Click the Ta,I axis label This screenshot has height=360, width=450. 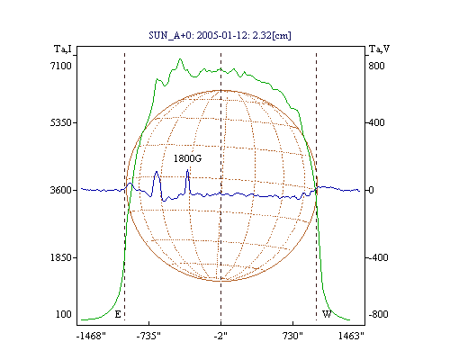tap(63, 49)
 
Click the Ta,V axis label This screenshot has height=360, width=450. tap(379, 49)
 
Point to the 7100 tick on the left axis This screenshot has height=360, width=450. tap(61, 66)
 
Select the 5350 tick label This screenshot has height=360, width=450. tap(61, 122)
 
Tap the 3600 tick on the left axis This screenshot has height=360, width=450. tap(61, 190)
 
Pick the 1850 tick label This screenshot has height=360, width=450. tap(61, 257)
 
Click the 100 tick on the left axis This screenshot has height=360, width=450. tap(64, 314)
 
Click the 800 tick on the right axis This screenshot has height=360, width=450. tap(376, 66)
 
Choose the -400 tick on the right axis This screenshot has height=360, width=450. tap(378, 257)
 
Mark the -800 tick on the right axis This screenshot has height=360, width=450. tap(378, 314)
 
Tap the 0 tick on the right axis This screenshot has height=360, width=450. tap(371, 190)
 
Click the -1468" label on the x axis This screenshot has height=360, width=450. tap(91, 336)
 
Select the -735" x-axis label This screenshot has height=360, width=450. tap(148, 336)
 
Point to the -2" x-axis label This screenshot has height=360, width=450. tap(220, 336)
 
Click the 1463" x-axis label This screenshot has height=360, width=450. tap(351, 336)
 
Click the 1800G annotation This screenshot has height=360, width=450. tap(187, 158)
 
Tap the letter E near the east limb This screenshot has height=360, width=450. tap(118, 314)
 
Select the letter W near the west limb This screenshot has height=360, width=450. tap(327, 314)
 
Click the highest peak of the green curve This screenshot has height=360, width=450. tap(180, 59)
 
